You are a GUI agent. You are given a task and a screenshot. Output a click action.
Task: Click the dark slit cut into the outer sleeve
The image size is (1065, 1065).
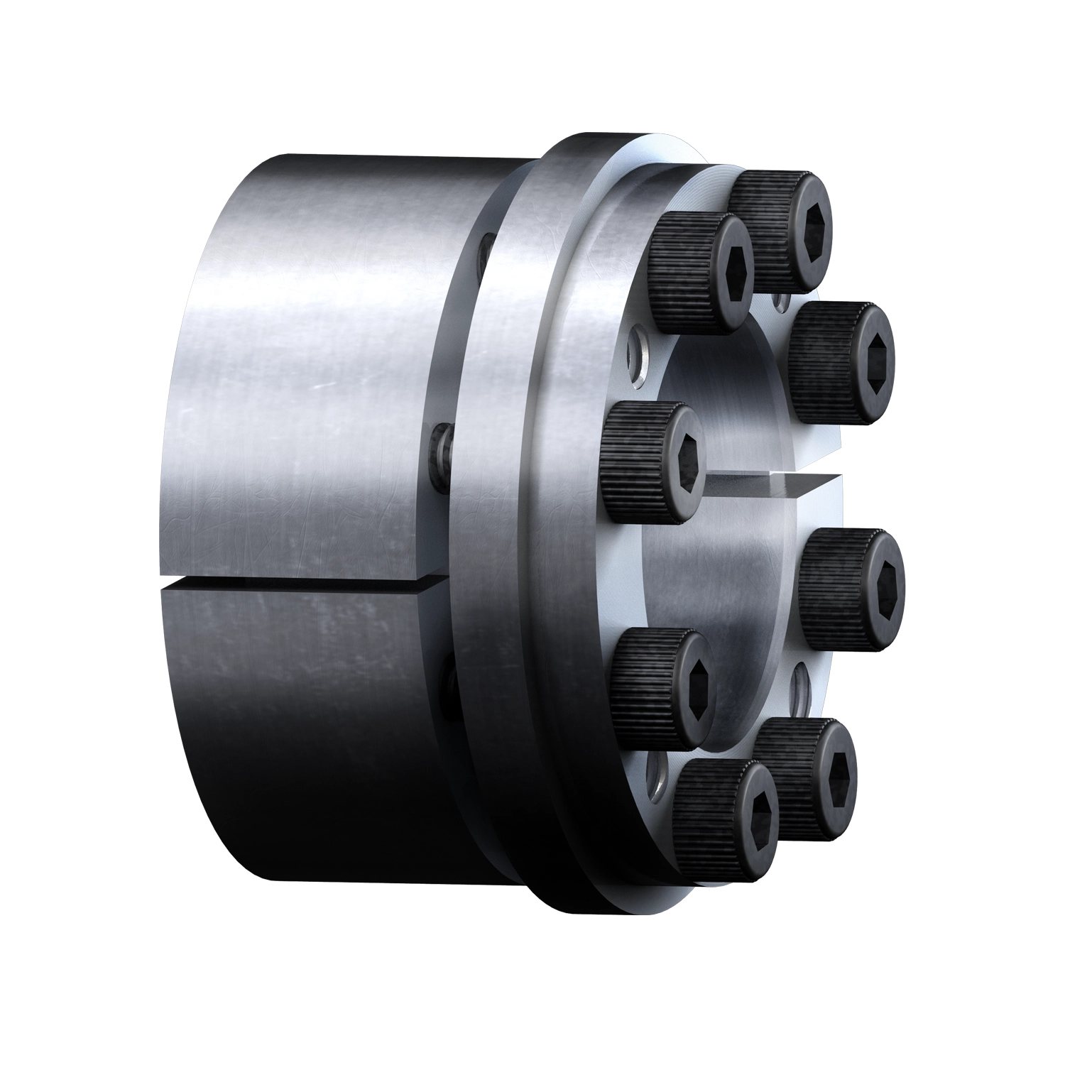pos(305,585)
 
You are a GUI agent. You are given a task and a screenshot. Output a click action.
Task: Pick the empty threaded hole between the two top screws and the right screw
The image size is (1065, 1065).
pos(782,303)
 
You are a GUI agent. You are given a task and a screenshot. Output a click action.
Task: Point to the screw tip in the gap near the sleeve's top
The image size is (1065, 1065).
pos(484,251)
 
